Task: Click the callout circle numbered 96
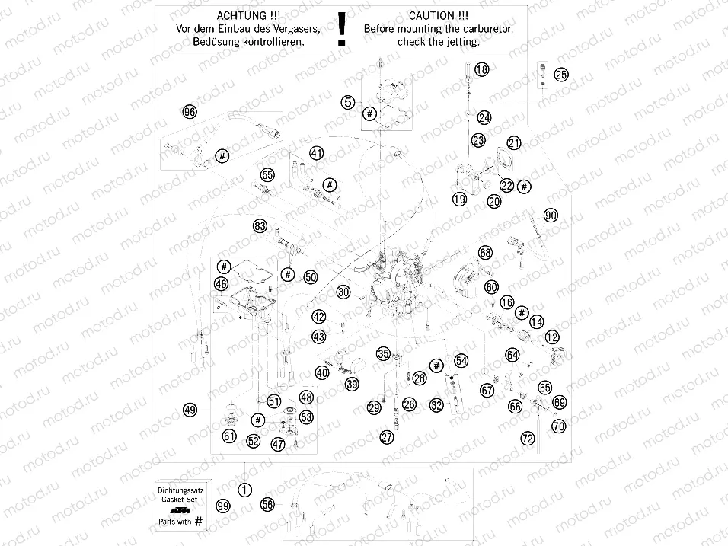[x=190, y=112]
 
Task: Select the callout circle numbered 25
[x=561, y=75]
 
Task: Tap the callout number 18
[x=481, y=70]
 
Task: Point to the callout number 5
[x=348, y=101]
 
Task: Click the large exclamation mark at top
[x=342, y=29]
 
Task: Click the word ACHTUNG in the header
[x=238, y=15]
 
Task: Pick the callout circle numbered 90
[x=551, y=216]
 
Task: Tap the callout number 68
[x=486, y=252]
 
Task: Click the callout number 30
[x=343, y=292]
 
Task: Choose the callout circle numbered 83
[x=260, y=225]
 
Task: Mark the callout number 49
[x=190, y=410]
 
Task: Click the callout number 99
[x=222, y=506]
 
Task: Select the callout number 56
[x=267, y=504]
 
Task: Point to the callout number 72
[x=527, y=438]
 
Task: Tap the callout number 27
[x=388, y=437]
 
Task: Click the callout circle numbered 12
[x=552, y=337]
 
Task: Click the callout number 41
[x=317, y=153]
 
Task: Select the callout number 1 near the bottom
[x=244, y=490]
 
